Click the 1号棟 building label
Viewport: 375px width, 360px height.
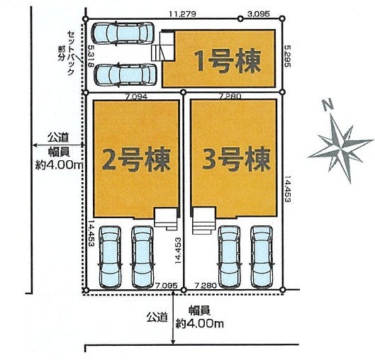point(228,62)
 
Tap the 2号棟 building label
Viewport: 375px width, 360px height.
point(136,159)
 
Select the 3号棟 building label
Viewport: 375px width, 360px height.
point(236,159)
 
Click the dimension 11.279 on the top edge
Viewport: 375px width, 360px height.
point(182,14)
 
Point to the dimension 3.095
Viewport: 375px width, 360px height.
point(259,14)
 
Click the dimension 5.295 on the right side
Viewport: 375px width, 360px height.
point(287,56)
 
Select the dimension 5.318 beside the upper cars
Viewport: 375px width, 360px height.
point(91,56)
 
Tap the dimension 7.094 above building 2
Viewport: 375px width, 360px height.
point(136,97)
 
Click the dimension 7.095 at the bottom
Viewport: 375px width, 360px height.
point(167,286)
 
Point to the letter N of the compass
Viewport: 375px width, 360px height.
point(328,105)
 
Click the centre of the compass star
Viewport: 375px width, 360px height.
point(341,147)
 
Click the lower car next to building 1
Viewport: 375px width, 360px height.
point(125,74)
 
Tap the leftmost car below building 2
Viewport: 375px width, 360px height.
point(110,257)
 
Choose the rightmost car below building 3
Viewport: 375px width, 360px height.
point(262,257)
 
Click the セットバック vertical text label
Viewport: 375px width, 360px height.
point(71,53)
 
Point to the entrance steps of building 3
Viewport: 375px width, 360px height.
point(203,221)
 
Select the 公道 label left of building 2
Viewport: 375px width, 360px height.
point(58,137)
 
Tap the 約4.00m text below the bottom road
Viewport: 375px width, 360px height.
point(200,324)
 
